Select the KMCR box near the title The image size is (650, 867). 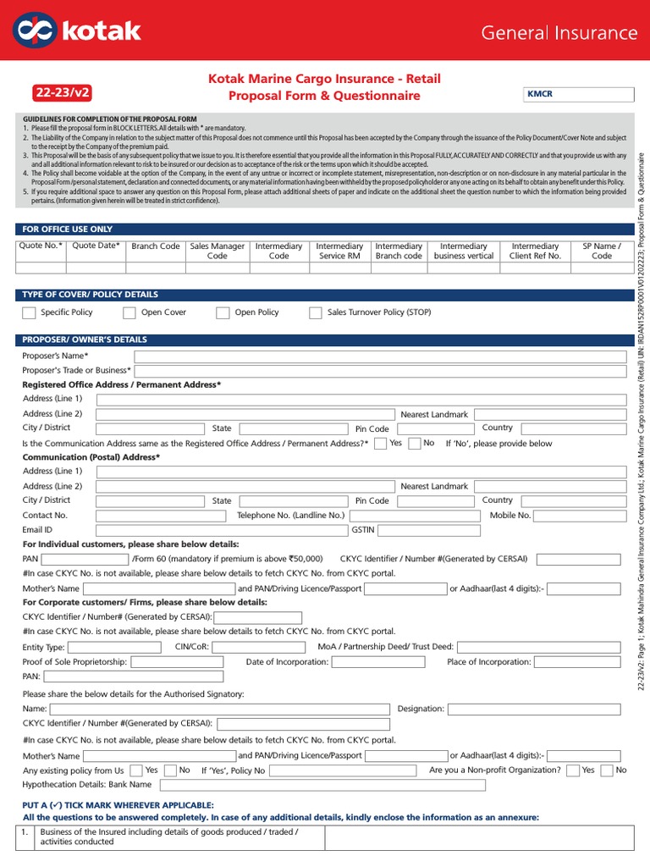(x=575, y=95)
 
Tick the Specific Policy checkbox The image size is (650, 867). (x=29, y=312)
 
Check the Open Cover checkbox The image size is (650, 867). (x=129, y=312)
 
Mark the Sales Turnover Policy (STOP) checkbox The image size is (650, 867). (x=316, y=312)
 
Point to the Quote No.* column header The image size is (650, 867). (x=41, y=246)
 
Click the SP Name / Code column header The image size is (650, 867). (x=601, y=251)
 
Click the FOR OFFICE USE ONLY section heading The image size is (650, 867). (x=68, y=229)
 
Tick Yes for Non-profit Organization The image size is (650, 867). (x=573, y=770)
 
